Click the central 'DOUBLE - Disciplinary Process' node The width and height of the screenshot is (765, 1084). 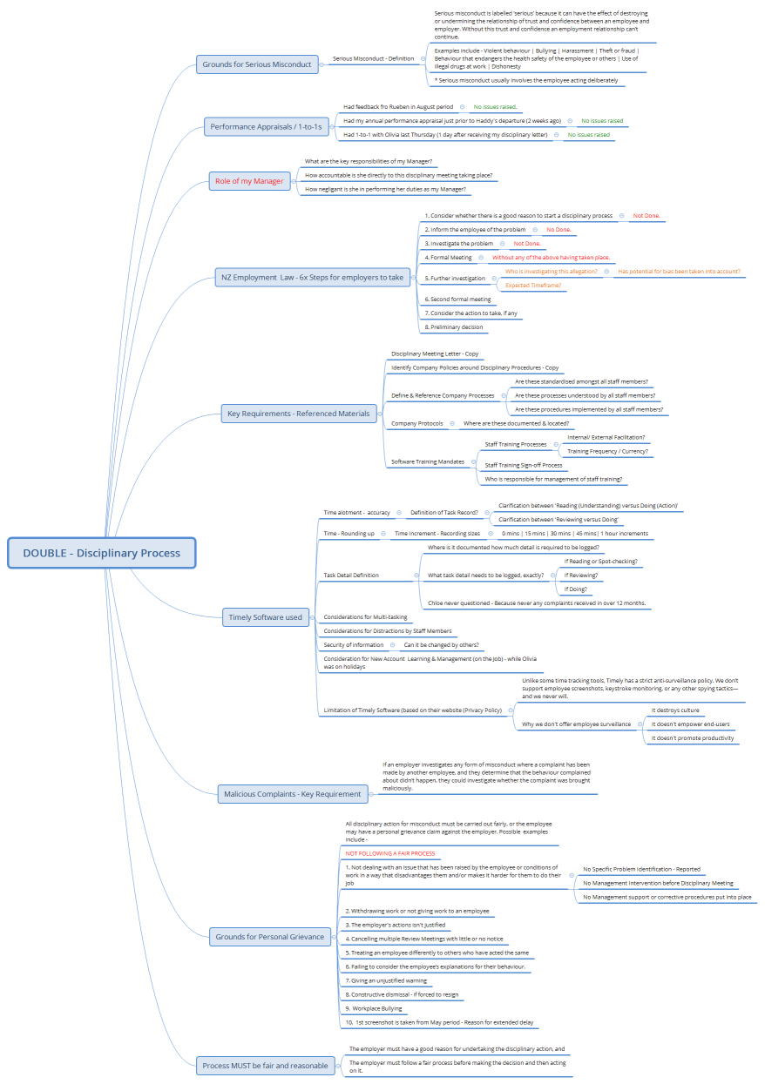pyautogui.click(x=101, y=553)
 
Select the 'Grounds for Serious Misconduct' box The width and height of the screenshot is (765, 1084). pyautogui.click(x=257, y=64)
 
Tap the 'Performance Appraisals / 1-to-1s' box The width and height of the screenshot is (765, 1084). pyautogui.click(x=266, y=127)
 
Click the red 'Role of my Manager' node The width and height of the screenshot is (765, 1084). pyautogui.click(x=249, y=181)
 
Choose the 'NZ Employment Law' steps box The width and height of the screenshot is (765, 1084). pyautogui.click(x=311, y=278)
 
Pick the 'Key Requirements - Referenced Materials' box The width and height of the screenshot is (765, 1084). pyautogui.click(x=298, y=414)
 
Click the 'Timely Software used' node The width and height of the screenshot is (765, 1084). pyautogui.click(x=265, y=617)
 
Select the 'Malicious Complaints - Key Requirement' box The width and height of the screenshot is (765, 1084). pyautogui.click(x=292, y=793)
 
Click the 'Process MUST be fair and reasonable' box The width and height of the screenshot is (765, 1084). pyautogui.click(x=265, y=1065)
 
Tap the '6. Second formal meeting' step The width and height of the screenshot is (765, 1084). pyautogui.click(x=457, y=299)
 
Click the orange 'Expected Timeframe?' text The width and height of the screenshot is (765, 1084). pyautogui.click(x=533, y=286)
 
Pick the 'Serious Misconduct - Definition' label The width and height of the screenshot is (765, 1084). pyautogui.click(x=374, y=59)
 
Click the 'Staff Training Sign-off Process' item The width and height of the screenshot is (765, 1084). pyautogui.click(x=524, y=465)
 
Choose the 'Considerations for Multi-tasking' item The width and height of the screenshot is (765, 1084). pyautogui.click(x=365, y=617)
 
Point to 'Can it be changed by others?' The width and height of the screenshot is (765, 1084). pyautogui.click(x=441, y=645)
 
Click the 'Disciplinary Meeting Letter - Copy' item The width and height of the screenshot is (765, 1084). pyautogui.click(x=435, y=354)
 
